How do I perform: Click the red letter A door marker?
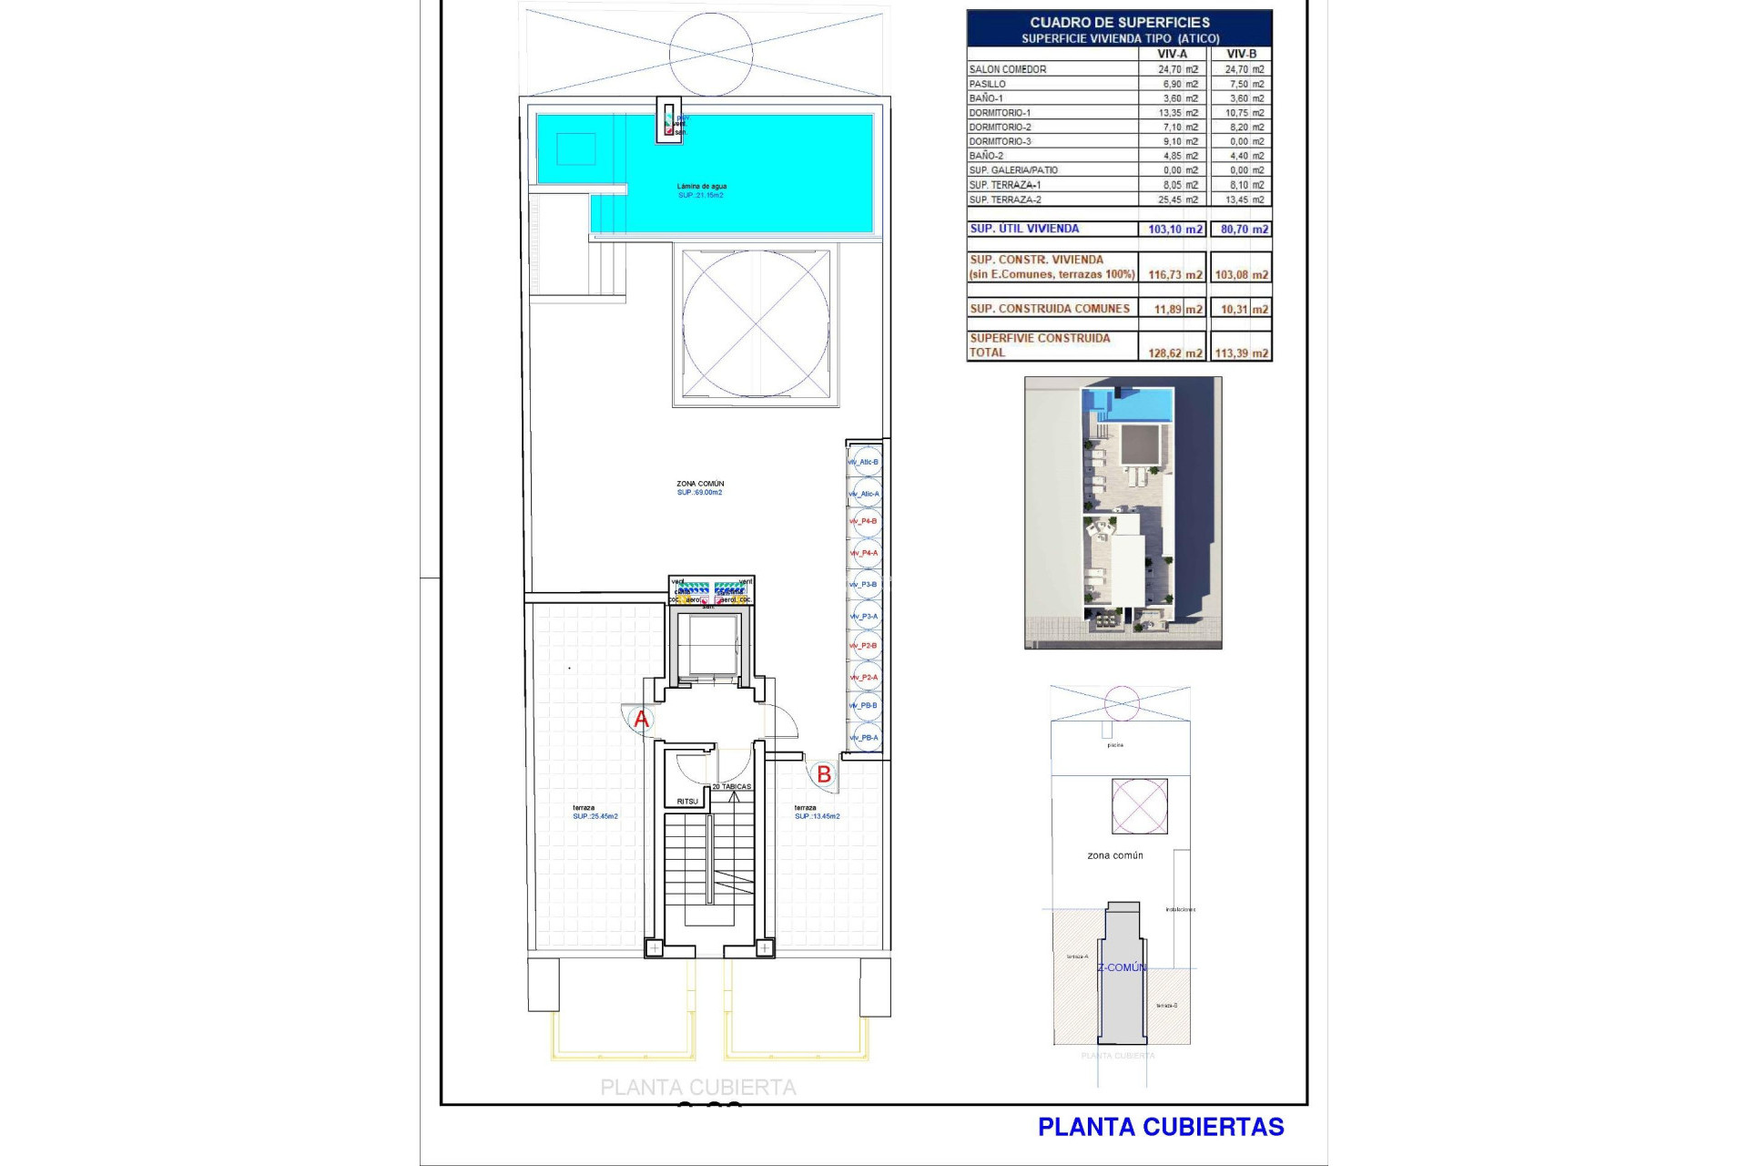point(641,720)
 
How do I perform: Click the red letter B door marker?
point(823,774)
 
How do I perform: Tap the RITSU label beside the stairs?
point(687,802)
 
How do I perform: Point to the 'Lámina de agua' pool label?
point(701,187)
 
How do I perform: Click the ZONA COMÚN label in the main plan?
point(700,484)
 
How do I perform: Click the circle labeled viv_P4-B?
point(865,522)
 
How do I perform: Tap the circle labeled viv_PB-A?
point(865,738)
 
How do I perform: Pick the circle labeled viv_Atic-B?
point(865,462)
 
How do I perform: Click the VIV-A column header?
point(1172,54)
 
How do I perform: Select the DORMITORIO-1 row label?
point(1000,113)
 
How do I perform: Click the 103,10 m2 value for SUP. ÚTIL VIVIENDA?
point(1174,230)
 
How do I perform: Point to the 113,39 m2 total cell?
point(1241,353)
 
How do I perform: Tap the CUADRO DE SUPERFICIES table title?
point(1120,22)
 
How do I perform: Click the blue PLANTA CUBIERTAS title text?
point(1161,1127)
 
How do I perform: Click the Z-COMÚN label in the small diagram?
point(1122,967)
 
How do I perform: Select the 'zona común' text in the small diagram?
point(1115,855)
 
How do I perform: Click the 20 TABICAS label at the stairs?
point(731,786)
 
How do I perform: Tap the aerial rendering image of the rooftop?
point(1123,512)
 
